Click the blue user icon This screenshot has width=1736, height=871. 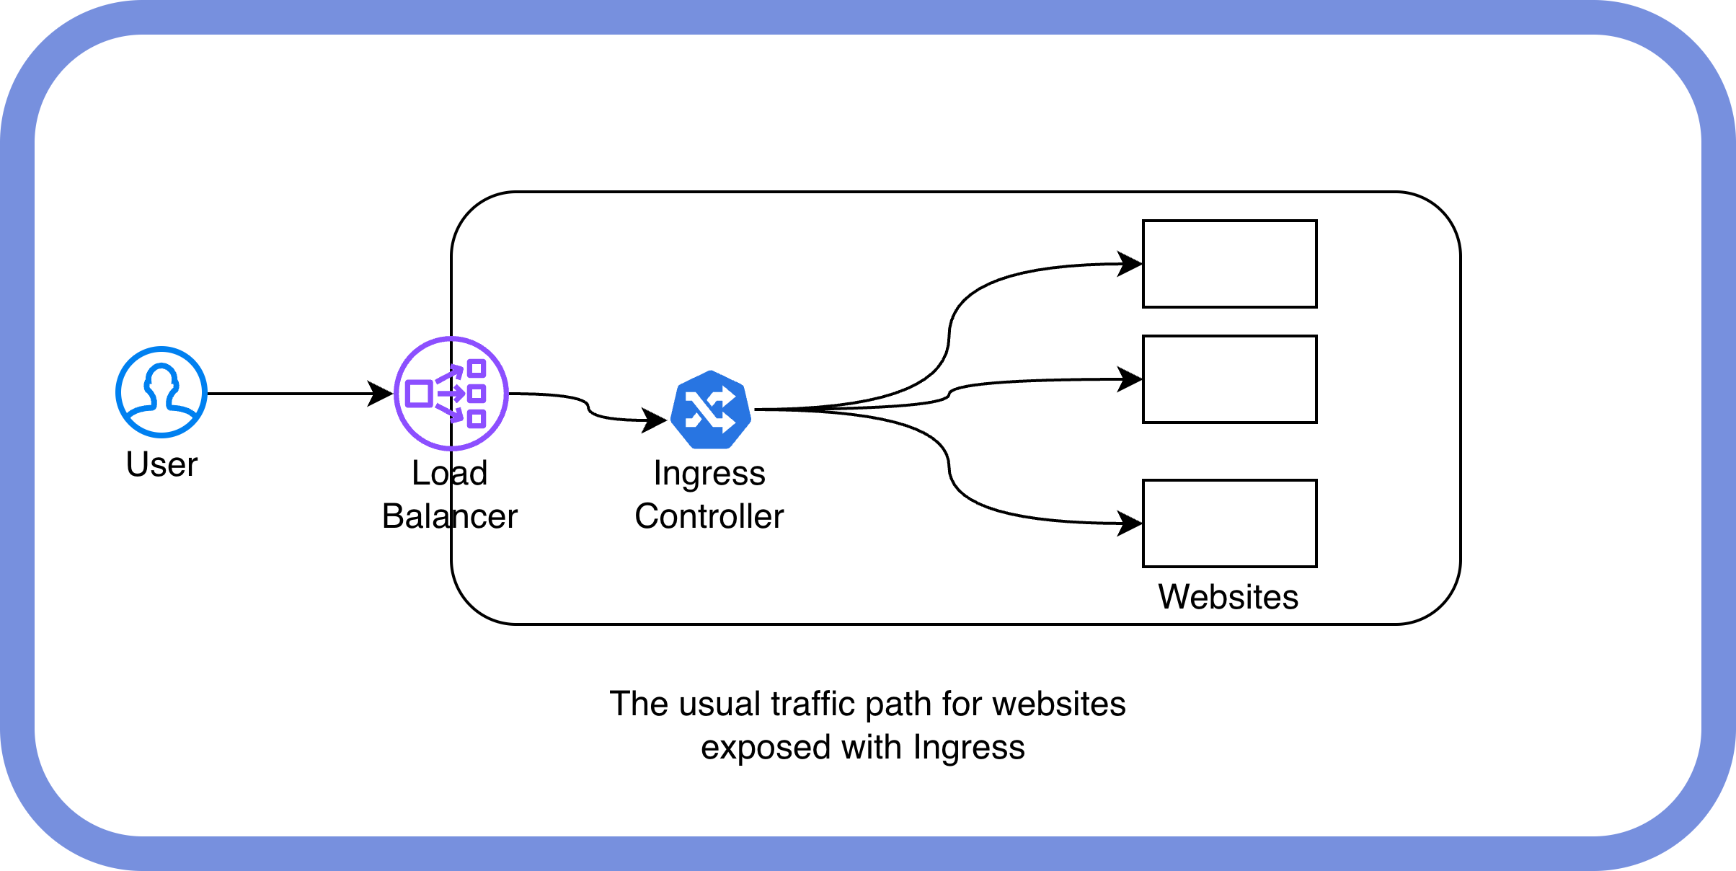(161, 392)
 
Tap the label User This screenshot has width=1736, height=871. (161, 464)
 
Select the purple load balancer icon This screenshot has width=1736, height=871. (451, 394)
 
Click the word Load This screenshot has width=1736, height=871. (450, 473)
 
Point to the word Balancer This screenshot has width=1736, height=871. (450, 516)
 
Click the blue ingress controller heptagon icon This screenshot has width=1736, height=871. (711, 410)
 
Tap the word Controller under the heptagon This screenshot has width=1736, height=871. (709, 516)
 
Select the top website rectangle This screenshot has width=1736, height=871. (1230, 264)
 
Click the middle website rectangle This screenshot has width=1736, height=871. (1230, 379)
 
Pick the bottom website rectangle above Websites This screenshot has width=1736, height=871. (1230, 523)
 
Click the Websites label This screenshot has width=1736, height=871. (1228, 597)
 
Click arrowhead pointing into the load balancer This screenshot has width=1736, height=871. (381, 394)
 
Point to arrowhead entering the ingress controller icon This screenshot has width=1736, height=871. (655, 420)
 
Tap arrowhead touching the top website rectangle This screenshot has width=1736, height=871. (1130, 264)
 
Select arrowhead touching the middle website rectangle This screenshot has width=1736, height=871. (1130, 379)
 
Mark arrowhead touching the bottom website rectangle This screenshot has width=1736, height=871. (1130, 523)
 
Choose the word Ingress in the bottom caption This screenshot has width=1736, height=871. (969, 747)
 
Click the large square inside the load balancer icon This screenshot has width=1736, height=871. (420, 394)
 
